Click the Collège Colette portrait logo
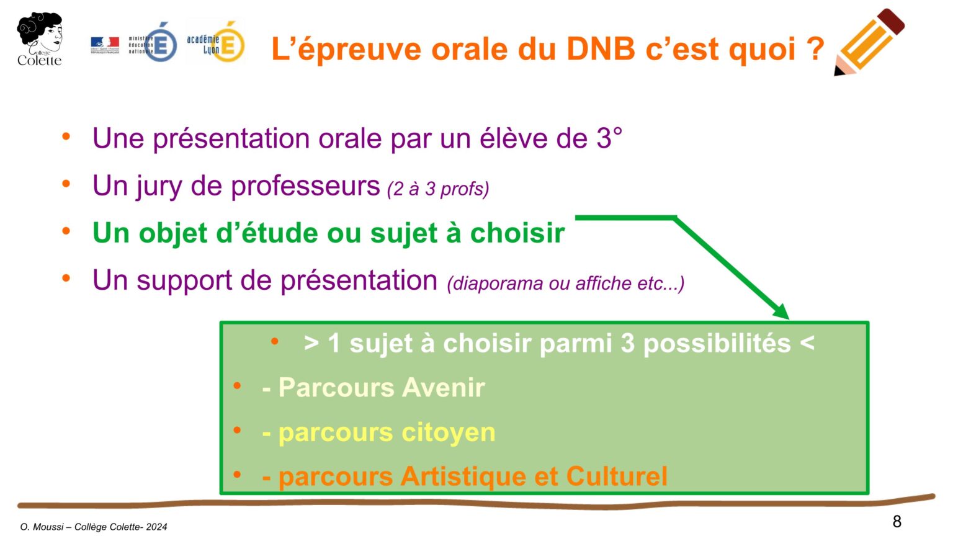point(40,38)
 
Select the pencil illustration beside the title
point(869,42)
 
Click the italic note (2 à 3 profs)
point(438,189)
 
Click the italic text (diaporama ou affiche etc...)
point(565,284)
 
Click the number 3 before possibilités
point(627,344)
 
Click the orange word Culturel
point(617,476)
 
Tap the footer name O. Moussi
point(42,527)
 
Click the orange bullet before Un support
point(66,279)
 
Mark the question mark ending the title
point(816,49)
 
